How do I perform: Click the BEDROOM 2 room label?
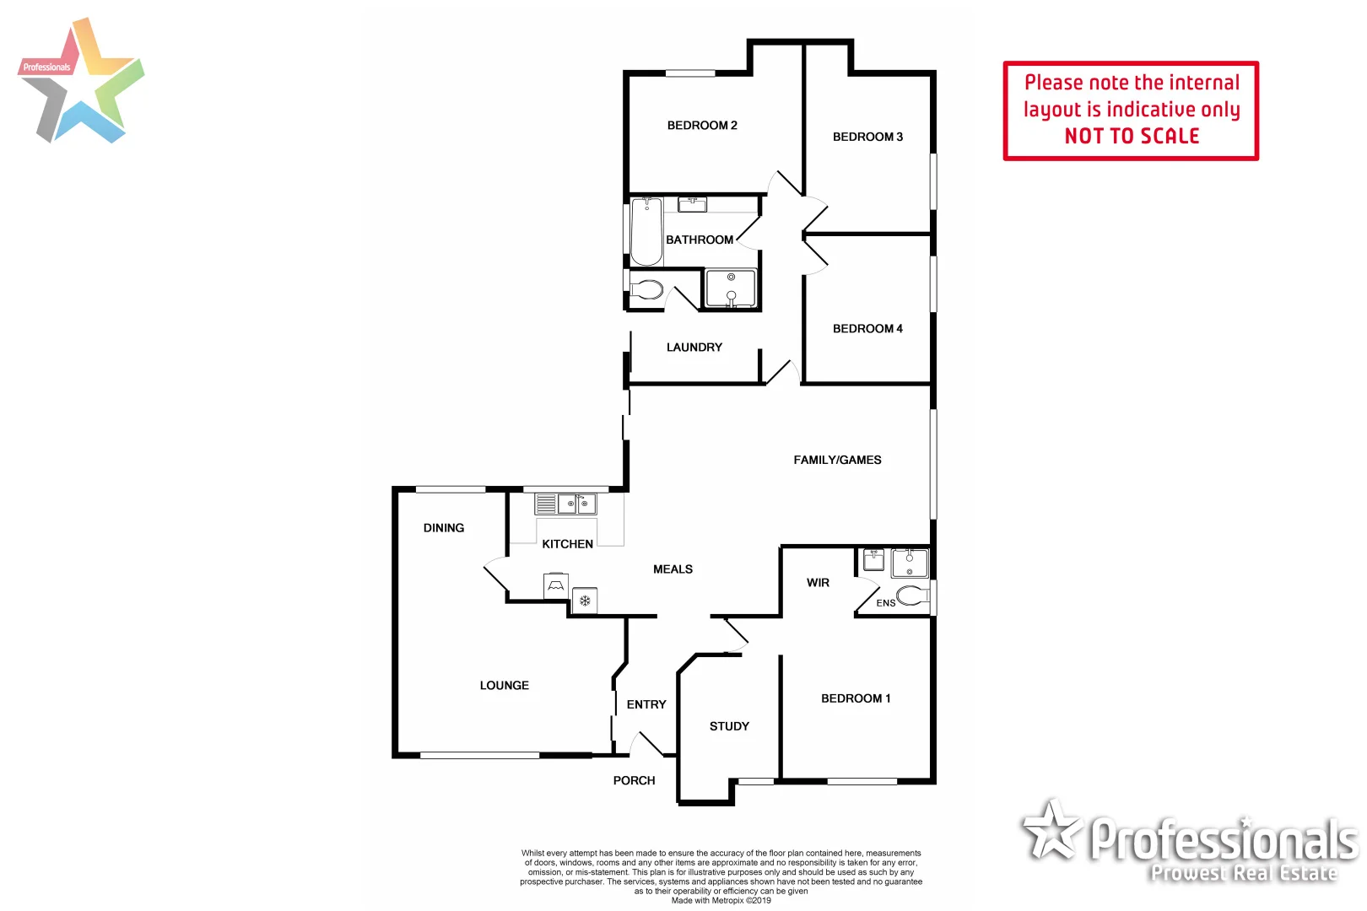coord(702,126)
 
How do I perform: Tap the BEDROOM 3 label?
coord(867,137)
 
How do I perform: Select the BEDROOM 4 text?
coord(867,329)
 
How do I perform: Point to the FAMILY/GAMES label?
coord(837,460)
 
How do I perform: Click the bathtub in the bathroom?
coord(646,230)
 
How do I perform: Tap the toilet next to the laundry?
coord(646,289)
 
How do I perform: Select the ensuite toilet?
coord(911,596)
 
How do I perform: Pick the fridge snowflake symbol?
coord(585,601)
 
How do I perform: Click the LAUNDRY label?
coord(694,348)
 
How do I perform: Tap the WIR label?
coord(818,583)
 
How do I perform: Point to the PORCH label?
coord(634,781)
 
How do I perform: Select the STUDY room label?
coord(729,726)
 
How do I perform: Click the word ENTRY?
coord(646,704)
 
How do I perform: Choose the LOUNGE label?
coord(505,686)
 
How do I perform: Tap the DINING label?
coord(444,528)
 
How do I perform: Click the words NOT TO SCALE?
coord(1132,137)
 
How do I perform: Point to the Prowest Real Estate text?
coord(1244,874)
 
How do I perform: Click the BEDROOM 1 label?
coord(856,698)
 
